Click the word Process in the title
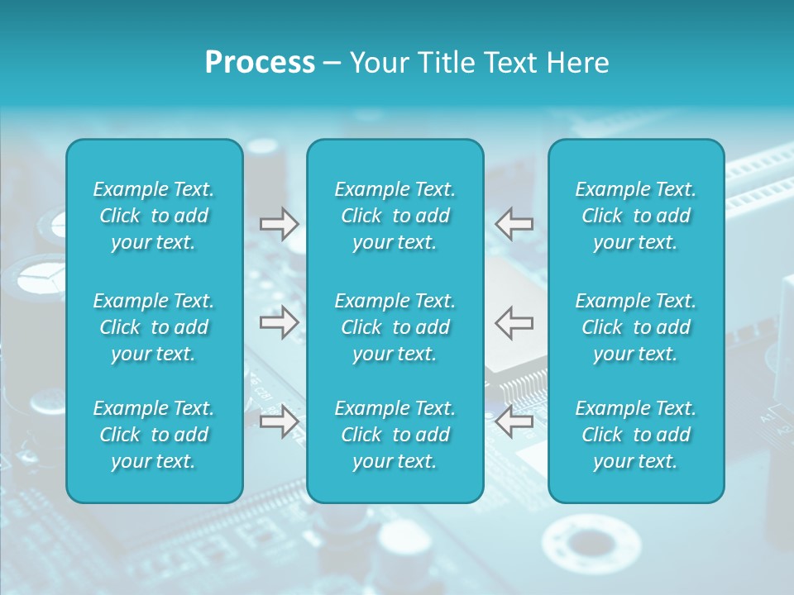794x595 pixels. click(x=260, y=63)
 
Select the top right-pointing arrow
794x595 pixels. click(x=280, y=224)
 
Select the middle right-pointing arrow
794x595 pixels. click(x=280, y=322)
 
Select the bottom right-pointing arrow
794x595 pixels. click(x=280, y=421)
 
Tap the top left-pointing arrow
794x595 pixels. click(x=514, y=224)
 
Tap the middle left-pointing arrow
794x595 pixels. click(x=514, y=322)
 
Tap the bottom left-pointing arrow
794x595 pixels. click(x=514, y=421)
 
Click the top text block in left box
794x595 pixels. click(x=154, y=216)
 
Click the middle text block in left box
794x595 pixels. click(x=154, y=327)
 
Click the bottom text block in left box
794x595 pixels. click(x=154, y=435)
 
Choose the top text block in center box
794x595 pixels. click(x=395, y=216)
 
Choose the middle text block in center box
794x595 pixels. click(x=395, y=327)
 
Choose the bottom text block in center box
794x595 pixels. click(x=395, y=435)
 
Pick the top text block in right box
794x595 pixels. click(x=635, y=216)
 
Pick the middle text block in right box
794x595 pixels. click(x=635, y=327)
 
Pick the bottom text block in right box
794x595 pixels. click(x=635, y=435)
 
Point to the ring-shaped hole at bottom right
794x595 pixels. click(x=591, y=545)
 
